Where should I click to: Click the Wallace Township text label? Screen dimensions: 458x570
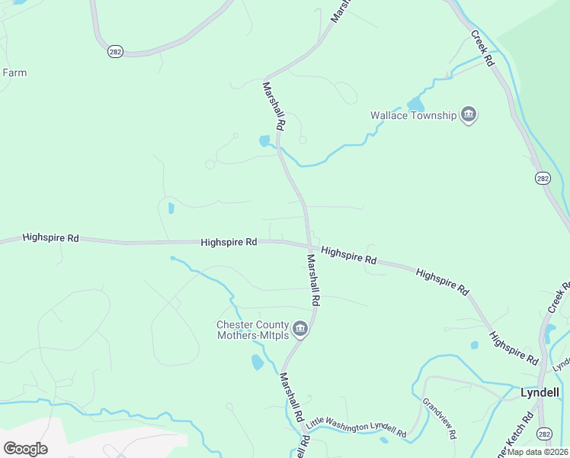click(x=413, y=116)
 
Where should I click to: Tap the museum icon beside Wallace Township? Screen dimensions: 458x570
click(x=468, y=116)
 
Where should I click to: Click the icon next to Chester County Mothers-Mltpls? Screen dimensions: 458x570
click(x=300, y=329)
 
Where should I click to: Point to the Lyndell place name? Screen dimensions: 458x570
click(x=540, y=392)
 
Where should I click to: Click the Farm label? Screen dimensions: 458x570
click(x=14, y=73)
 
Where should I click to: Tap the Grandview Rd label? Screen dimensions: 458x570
click(x=439, y=418)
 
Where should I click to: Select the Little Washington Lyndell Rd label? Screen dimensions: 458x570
click(x=357, y=429)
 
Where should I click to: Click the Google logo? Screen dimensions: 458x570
click(x=25, y=449)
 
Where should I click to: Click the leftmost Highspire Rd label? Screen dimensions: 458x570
click(x=51, y=238)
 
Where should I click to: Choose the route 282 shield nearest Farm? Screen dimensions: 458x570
click(x=116, y=51)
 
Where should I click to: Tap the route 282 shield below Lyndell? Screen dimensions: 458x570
click(x=543, y=434)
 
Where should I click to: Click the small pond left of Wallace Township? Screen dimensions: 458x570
click(x=415, y=105)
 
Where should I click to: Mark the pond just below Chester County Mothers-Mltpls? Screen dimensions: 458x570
click(x=258, y=363)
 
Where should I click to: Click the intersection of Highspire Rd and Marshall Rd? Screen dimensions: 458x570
click(x=309, y=246)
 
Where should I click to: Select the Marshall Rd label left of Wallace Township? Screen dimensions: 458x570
click(x=274, y=105)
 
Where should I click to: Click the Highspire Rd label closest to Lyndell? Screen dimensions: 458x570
click(x=514, y=347)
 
